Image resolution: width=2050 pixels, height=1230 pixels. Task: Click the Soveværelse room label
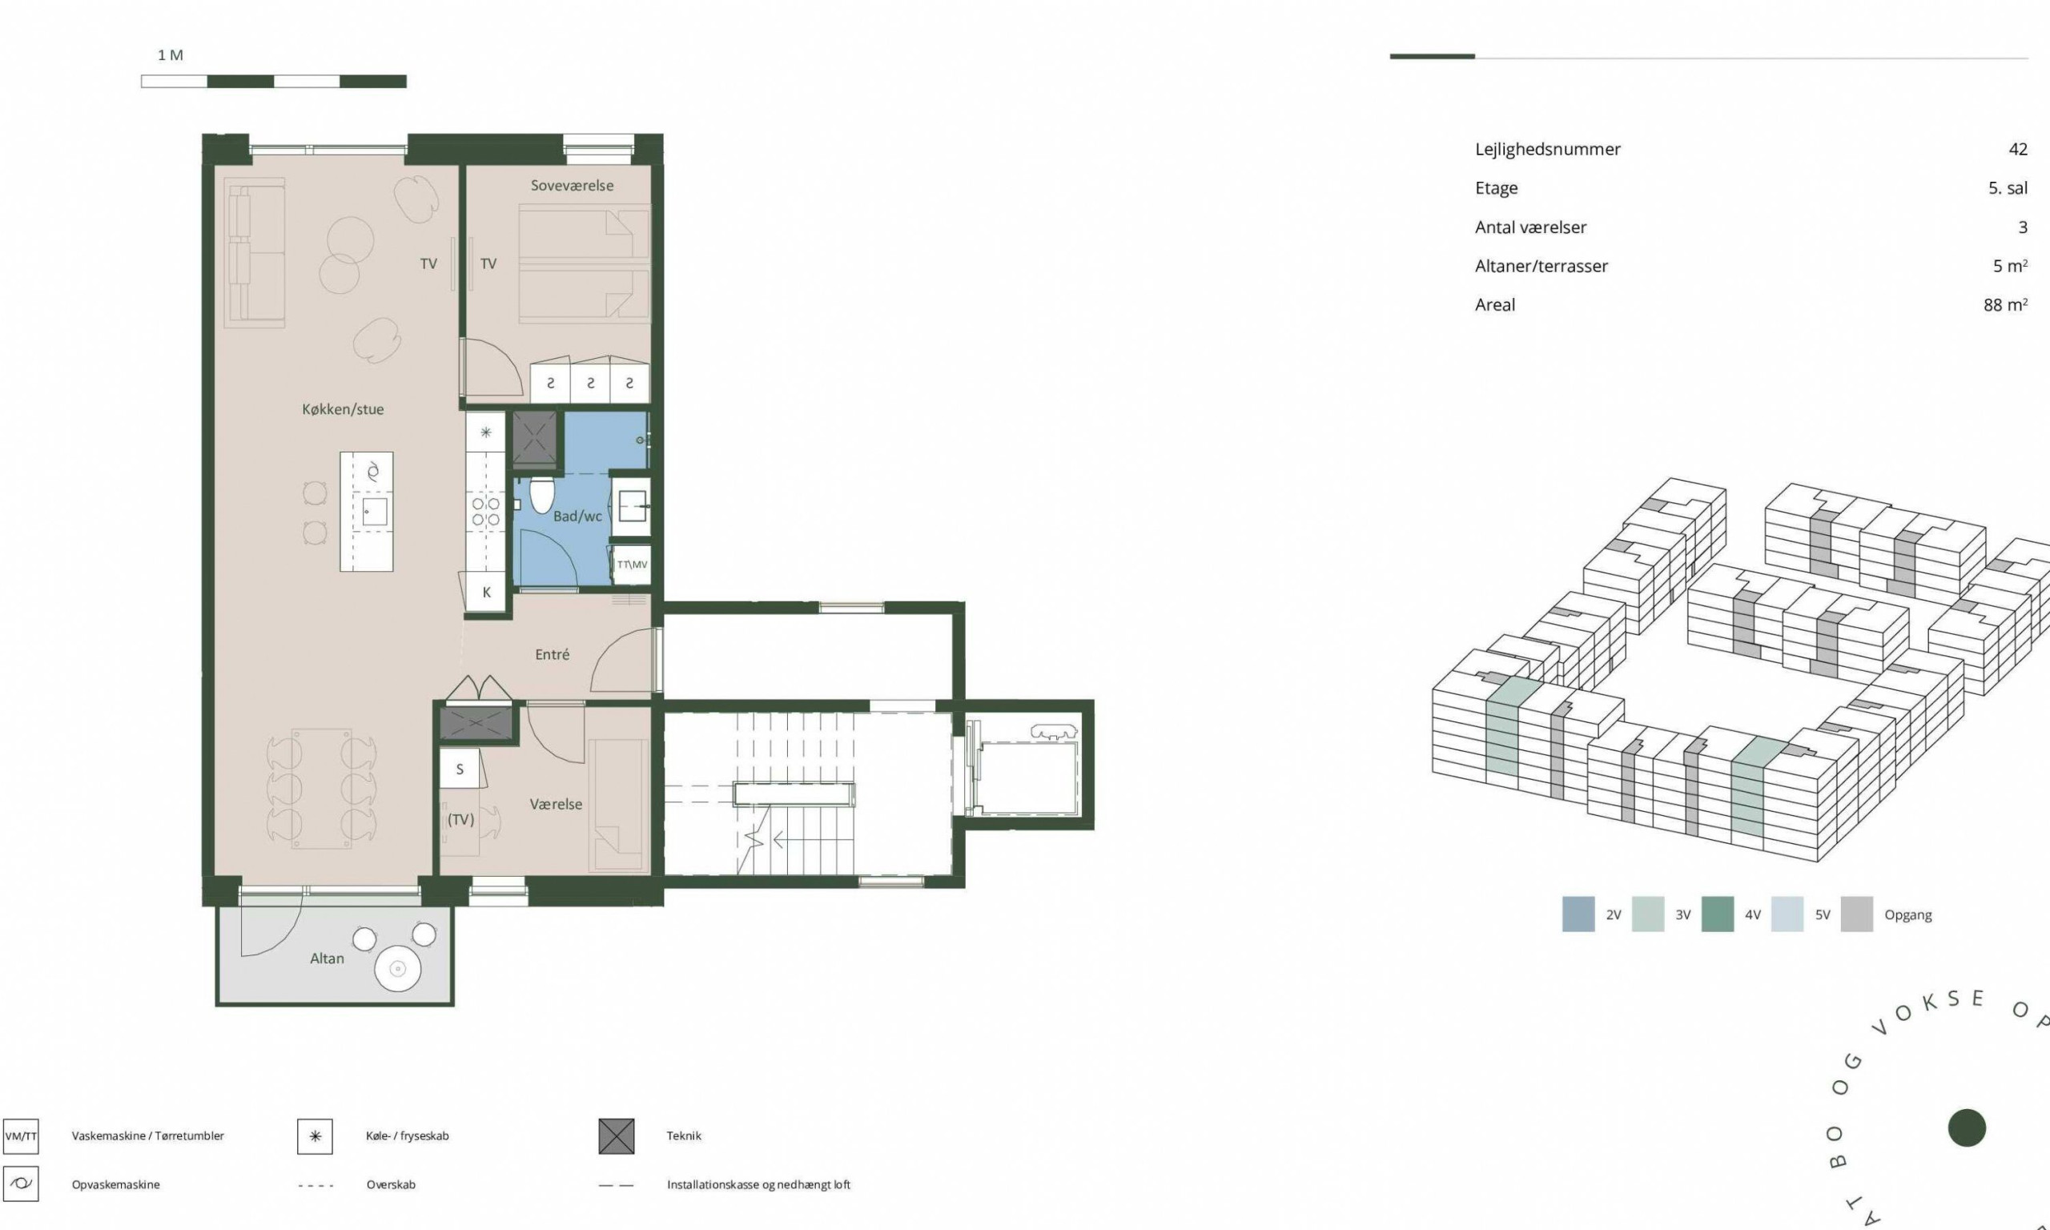point(572,186)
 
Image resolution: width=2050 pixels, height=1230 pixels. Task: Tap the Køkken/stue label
point(342,409)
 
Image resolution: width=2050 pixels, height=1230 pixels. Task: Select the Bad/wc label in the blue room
point(577,517)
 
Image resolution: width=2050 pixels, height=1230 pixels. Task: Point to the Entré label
point(552,655)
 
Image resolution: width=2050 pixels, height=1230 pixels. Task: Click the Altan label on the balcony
point(327,959)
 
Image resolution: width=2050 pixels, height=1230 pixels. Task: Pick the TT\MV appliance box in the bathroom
point(631,565)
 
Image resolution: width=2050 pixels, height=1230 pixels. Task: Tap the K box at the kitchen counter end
point(486,593)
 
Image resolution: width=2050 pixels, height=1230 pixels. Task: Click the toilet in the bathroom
point(541,494)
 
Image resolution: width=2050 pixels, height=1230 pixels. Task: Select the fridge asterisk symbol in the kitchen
point(486,432)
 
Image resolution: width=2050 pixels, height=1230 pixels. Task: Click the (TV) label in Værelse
point(460,820)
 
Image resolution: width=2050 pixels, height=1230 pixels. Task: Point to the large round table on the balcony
point(398,969)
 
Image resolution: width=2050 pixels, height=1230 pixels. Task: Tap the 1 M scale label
point(171,55)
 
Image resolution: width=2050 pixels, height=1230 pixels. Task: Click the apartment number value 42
point(2018,149)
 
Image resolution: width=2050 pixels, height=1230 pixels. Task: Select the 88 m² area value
point(2005,305)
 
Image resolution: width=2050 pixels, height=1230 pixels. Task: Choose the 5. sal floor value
point(2008,188)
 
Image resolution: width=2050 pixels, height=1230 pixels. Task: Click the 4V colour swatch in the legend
point(1717,914)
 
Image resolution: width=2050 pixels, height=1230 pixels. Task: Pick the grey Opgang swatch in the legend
point(1856,914)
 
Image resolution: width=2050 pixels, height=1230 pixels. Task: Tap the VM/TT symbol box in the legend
point(21,1136)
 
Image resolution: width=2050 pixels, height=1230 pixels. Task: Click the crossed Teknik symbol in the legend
point(617,1136)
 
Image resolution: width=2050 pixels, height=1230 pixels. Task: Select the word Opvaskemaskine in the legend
point(116,1184)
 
